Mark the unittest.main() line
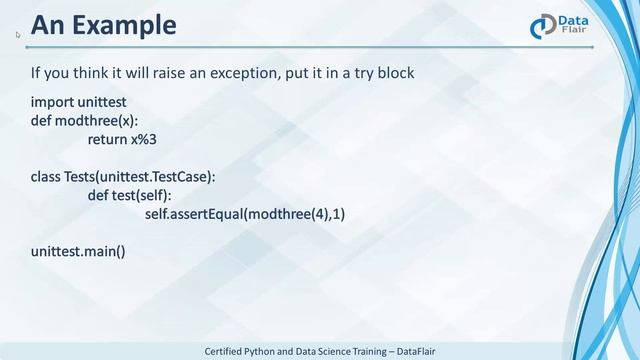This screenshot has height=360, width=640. [78, 250]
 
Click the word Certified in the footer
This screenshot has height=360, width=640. [228, 351]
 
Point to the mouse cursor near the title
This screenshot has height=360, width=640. [18, 34]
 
